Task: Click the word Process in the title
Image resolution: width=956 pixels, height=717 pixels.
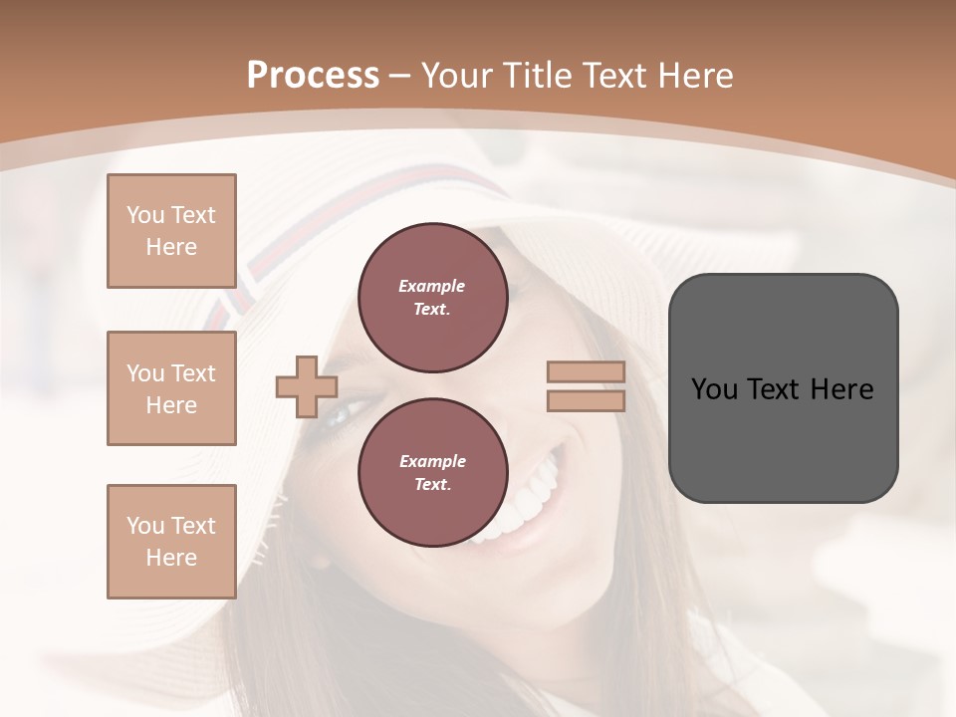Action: click(313, 76)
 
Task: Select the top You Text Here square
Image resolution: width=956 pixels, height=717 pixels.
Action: click(171, 231)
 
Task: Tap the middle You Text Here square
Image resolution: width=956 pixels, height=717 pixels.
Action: click(171, 388)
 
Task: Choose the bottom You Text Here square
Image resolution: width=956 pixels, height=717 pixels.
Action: click(171, 542)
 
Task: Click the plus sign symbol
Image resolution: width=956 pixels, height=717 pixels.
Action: click(307, 386)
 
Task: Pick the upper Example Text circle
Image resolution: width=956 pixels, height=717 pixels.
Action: click(432, 297)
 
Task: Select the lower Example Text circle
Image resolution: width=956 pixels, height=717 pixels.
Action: click(432, 472)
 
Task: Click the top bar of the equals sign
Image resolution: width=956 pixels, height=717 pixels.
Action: click(586, 372)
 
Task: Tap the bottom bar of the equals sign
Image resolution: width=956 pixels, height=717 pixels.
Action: click(586, 401)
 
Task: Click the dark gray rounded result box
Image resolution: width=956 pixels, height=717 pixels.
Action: click(783, 438)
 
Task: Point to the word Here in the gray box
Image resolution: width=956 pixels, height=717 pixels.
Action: click(841, 389)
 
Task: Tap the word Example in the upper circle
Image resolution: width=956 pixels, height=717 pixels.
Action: click(432, 286)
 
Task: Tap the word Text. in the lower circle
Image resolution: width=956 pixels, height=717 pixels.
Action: click(432, 485)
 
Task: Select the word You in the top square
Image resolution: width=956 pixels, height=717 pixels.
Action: click(145, 215)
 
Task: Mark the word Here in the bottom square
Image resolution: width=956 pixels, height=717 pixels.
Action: click(171, 558)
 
